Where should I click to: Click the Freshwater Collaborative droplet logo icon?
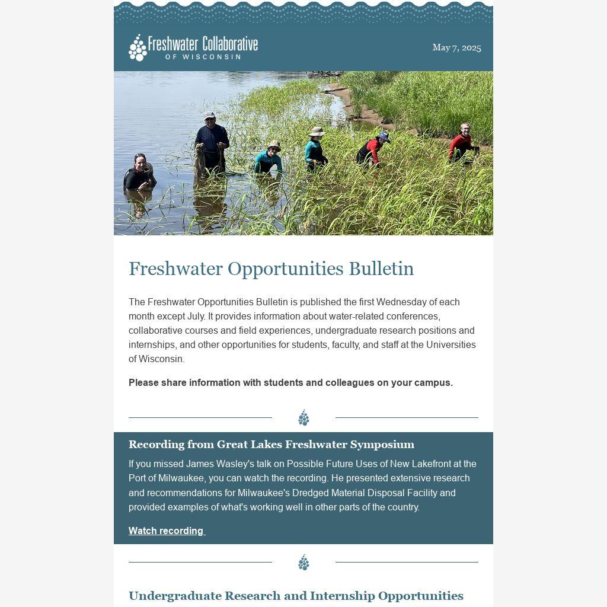(x=138, y=47)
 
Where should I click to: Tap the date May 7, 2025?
(x=456, y=47)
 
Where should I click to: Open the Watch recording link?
(x=167, y=531)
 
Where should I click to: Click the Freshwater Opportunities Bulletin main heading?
(x=271, y=269)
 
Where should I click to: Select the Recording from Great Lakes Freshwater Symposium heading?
(x=271, y=445)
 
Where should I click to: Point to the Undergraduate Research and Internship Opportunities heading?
(x=296, y=596)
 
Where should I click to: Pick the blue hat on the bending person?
(x=384, y=137)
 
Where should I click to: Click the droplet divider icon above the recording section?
(x=303, y=417)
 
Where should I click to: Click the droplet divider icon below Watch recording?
(x=303, y=562)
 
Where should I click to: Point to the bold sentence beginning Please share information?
(x=290, y=383)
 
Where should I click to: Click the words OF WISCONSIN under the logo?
(x=203, y=57)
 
